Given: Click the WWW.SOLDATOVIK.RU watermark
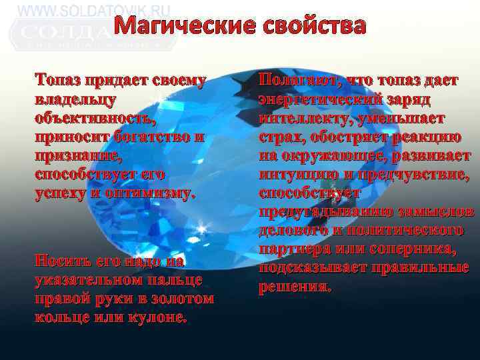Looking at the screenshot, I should click(x=94, y=11).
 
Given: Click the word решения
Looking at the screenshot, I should click(x=294, y=287).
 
